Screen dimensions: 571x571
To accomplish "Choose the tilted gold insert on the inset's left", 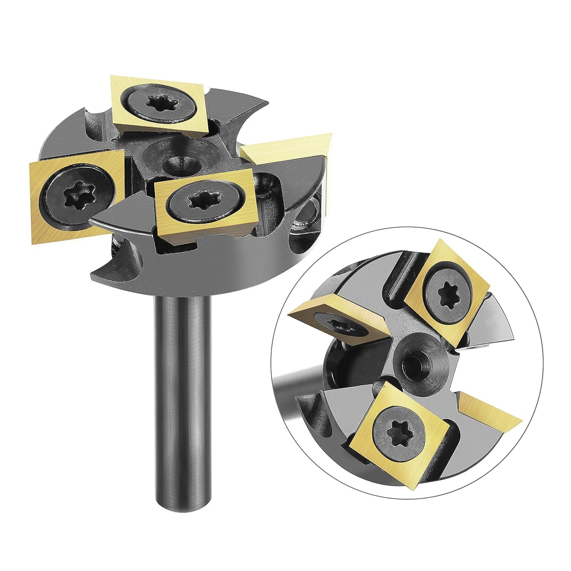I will click(339, 320).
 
